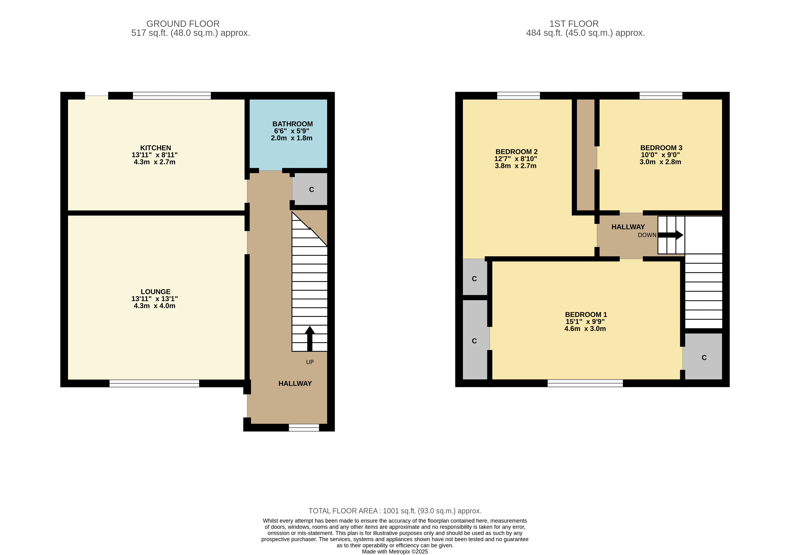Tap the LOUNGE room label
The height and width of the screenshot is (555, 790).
pos(155,292)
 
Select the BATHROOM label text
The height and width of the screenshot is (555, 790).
pos(292,124)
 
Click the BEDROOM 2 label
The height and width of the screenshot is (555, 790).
pos(517,152)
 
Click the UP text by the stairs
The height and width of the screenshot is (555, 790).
pos(310,362)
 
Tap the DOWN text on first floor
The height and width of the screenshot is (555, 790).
pos(647,235)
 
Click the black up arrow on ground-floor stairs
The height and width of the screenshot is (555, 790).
pos(310,338)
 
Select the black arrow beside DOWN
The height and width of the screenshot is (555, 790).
pos(670,235)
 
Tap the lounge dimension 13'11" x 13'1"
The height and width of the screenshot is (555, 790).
pos(155,299)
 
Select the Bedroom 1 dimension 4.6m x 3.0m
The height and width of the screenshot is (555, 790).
pos(585,329)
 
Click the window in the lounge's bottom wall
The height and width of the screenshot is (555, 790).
pos(154,383)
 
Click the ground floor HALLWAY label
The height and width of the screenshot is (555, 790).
pos(295,383)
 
